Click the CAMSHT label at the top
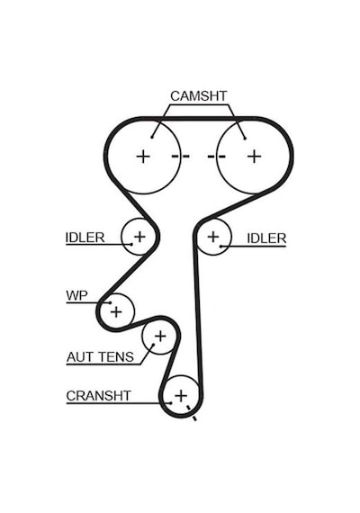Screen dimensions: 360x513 tap(198, 96)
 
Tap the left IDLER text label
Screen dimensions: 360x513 tap(85, 238)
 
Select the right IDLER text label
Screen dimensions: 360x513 tap(266, 238)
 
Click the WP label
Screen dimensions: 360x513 tap(76, 295)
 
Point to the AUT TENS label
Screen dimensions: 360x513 tap(100, 356)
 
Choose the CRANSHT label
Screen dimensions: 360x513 tap(98, 395)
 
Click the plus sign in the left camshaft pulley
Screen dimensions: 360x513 tap(143, 156)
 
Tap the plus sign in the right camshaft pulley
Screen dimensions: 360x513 tap(255, 156)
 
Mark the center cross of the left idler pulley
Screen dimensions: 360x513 tap(139, 236)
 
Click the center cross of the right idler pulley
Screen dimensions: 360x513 tap(213, 237)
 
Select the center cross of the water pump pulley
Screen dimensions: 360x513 tap(116, 311)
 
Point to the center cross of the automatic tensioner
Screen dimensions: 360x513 tap(160, 336)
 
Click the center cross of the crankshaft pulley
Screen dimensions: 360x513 tap(181, 396)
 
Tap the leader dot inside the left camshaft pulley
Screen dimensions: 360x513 tap(152, 137)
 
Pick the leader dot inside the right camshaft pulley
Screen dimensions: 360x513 tap(245, 139)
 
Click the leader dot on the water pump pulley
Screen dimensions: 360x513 tap(111, 303)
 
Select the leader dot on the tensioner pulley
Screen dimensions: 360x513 tap(153, 344)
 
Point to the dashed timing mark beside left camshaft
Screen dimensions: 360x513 tap(181, 156)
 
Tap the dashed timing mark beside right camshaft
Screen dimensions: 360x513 tap(216, 157)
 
